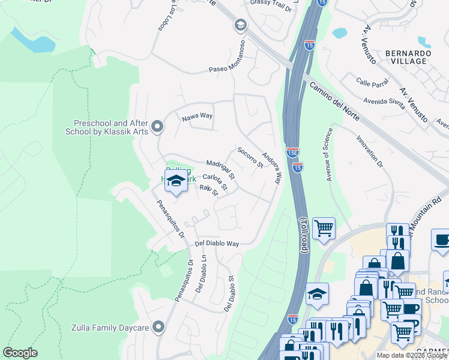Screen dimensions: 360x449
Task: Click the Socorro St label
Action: pyautogui.click(x=250, y=157)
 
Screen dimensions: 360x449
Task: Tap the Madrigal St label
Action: pyautogui.click(x=220, y=168)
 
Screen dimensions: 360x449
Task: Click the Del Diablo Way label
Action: pyautogui.click(x=217, y=244)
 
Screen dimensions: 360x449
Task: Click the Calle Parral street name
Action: pyautogui.click(x=372, y=81)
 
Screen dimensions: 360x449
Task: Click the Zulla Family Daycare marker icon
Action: pyautogui.click(x=158, y=326)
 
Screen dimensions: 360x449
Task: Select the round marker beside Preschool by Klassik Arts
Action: pyautogui.click(x=158, y=127)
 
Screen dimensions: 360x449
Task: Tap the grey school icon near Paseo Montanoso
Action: pyautogui.click(x=241, y=25)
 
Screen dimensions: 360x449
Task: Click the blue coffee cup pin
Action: pyautogui.click(x=441, y=240)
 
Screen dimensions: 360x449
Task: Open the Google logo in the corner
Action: pyautogui.click(x=20, y=353)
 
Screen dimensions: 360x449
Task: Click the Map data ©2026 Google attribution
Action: pyautogui.click(x=412, y=355)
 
